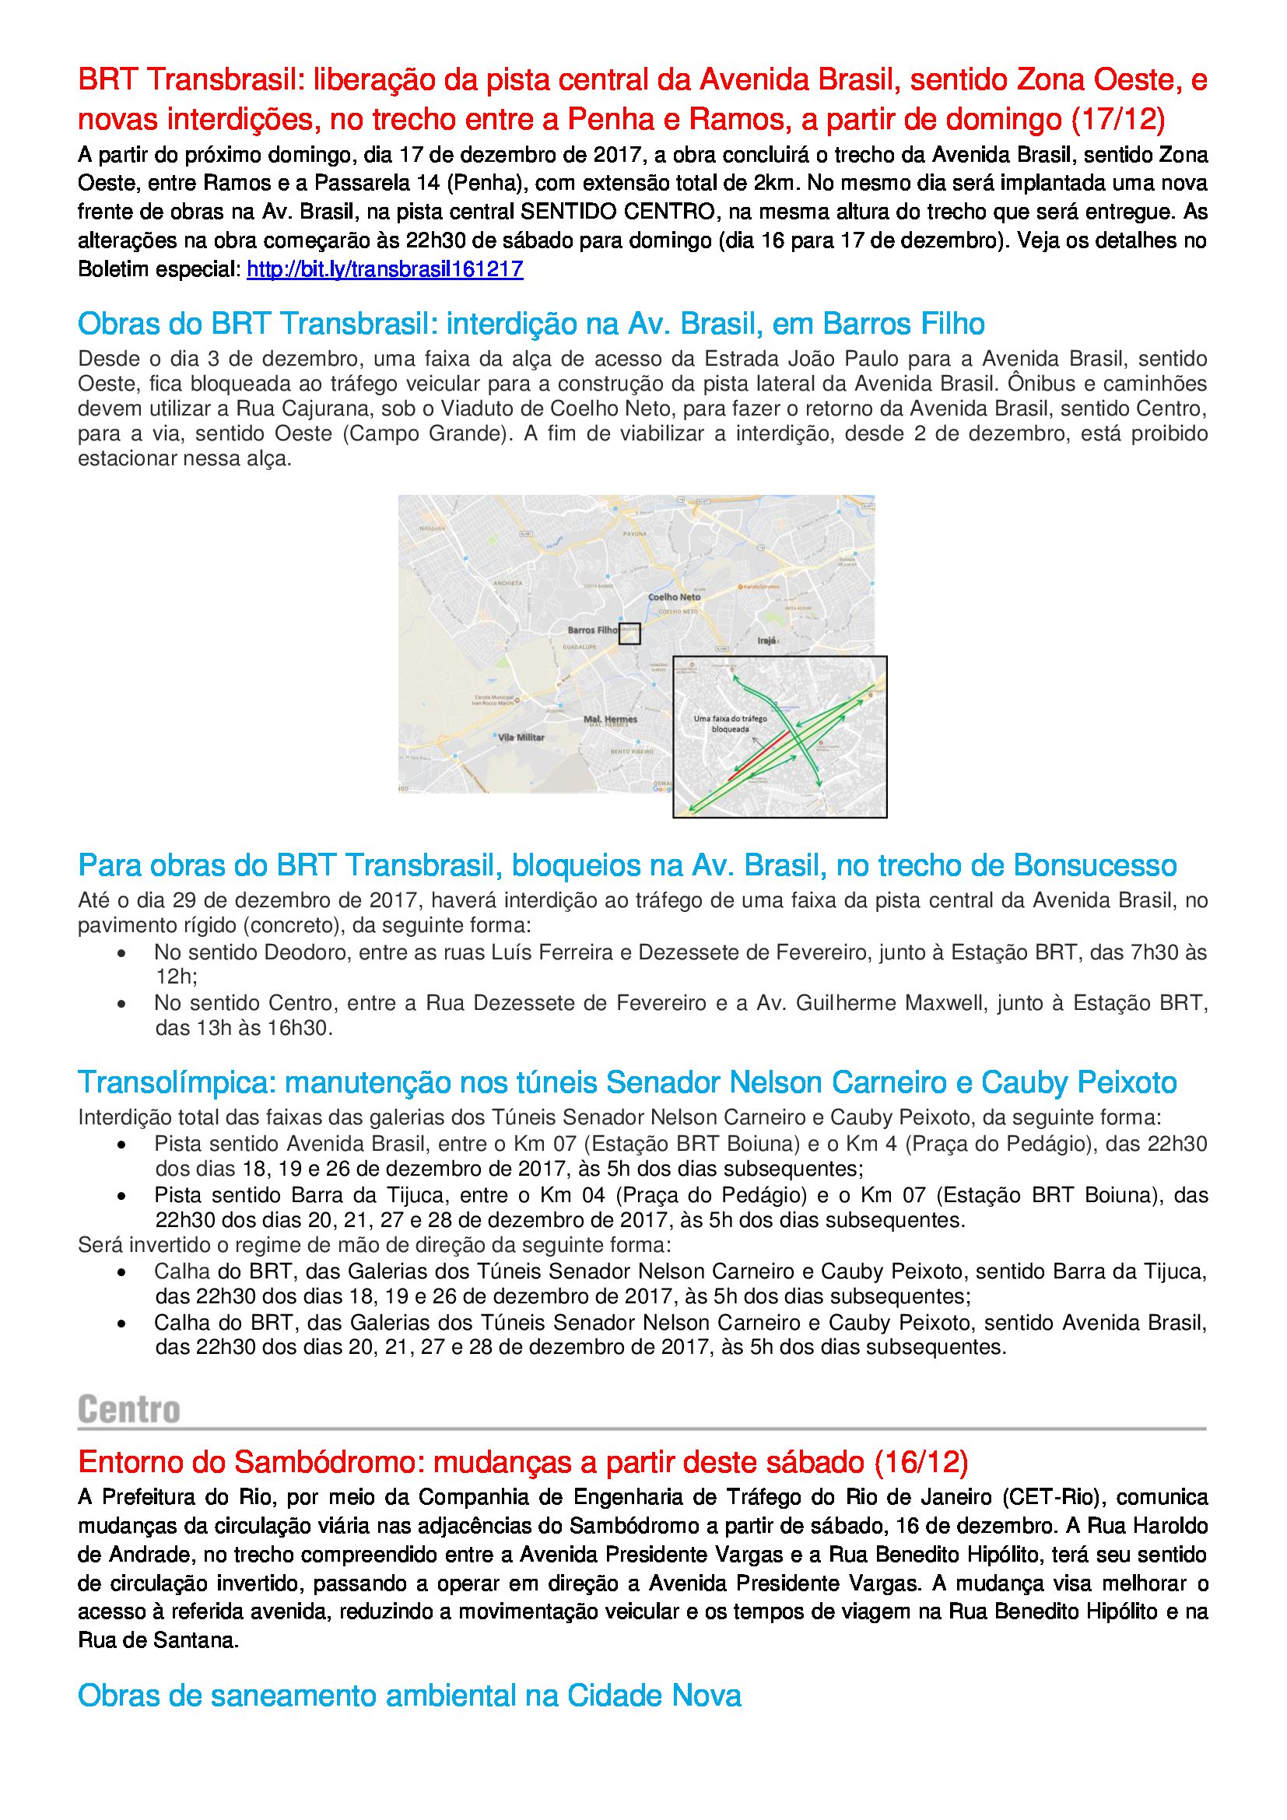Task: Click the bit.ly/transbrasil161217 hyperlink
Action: pos(385,269)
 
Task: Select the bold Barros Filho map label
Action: pos(592,630)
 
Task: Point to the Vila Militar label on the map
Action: pos(521,737)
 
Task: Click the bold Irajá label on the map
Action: pos(766,640)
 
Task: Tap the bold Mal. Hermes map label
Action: pos(610,719)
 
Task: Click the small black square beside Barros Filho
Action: pos(629,633)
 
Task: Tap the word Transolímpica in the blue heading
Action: pos(176,1082)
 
